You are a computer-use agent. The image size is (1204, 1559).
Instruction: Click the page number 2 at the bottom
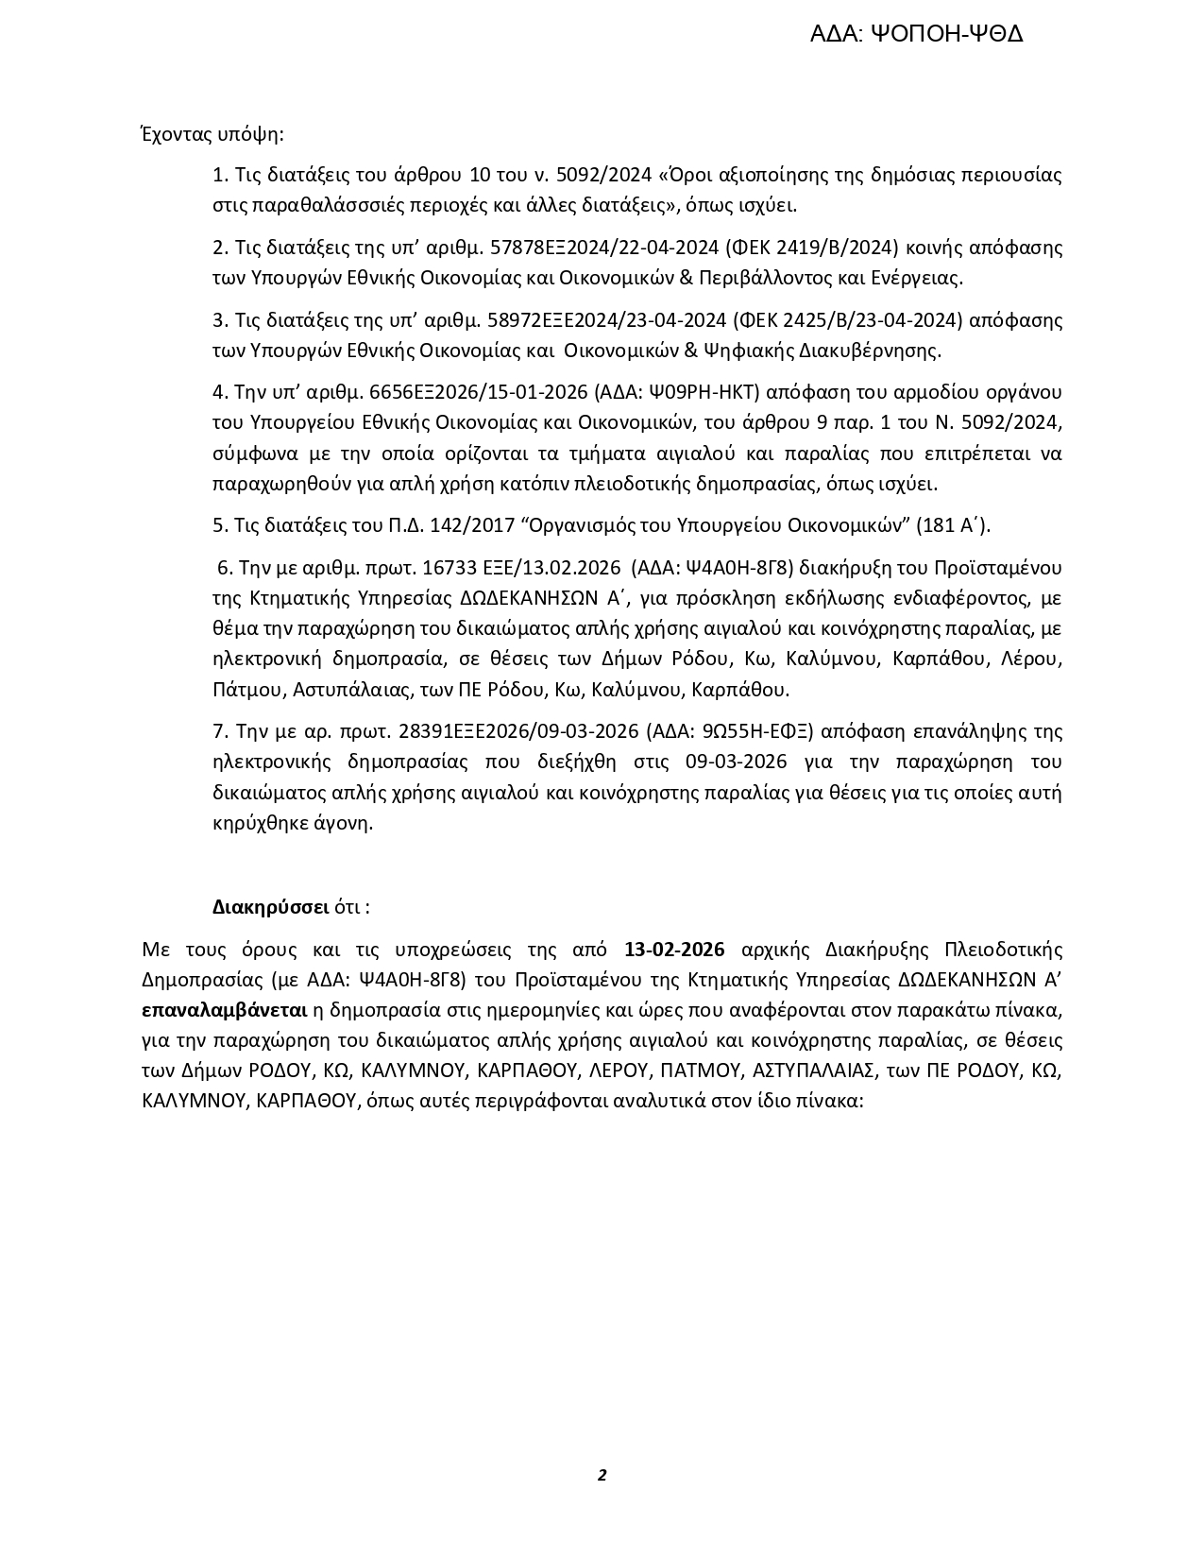click(602, 1475)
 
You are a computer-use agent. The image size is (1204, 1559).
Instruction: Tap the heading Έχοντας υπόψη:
click(212, 133)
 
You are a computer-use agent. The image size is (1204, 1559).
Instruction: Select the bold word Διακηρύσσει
click(270, 907)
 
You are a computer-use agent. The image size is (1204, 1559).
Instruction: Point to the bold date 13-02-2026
click(674, 950)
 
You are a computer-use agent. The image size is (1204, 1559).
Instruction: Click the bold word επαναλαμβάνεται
click(225, 1010)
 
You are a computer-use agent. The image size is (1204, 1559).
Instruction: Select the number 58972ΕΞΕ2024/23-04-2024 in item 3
click(606, 320)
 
